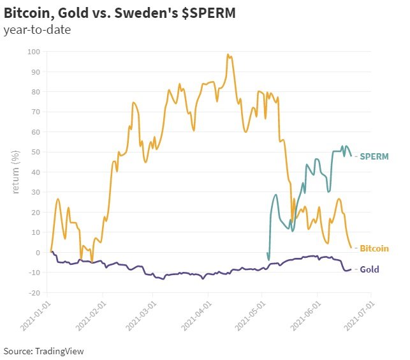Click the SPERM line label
click(x=374, y=156)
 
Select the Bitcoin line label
click(x=375, y=248)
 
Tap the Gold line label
click(x=370, y=269)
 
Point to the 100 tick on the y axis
click(x=32, y=52)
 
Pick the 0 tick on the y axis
click(x=36, y=253)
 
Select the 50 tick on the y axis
click(x=34, y=152)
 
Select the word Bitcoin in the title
click(x=27, y=13)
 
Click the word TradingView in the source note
click(x=60, y=351)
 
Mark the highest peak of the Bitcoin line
click(x=228, y=55)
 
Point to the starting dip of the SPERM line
click(x=268, y=260)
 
